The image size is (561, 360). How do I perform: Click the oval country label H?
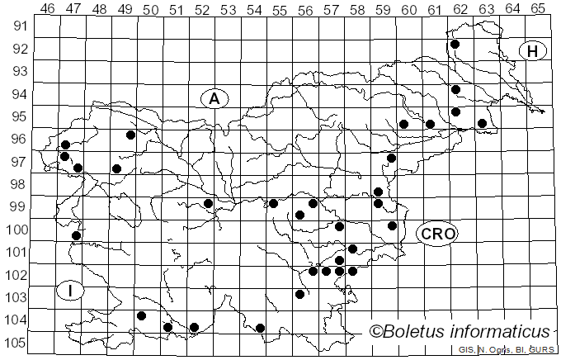click(x=533, y=51)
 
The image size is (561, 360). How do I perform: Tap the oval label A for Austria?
click(x=214, y=98)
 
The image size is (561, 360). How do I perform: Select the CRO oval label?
click(x=437, y=234)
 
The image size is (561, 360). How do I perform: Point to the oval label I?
click(x=71, y=290)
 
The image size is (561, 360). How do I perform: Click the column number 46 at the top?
click(x=48, y=8)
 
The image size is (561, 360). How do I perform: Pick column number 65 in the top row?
click(x=537, y=8)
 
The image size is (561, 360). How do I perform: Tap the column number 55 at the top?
click(x=280, y=8)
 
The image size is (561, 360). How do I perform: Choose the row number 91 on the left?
click(x=17, y=26)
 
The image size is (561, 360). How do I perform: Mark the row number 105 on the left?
click(x=17, y=343)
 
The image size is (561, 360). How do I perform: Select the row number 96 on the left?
click(x=17, y=139)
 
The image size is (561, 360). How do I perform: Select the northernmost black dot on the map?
click(x=455, y=44)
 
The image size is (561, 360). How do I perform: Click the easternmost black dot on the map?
click(x=483, y=123)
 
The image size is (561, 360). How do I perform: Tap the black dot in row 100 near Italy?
click(x=76, y=235)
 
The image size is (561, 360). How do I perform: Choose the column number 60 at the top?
click(x=408, y=8)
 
